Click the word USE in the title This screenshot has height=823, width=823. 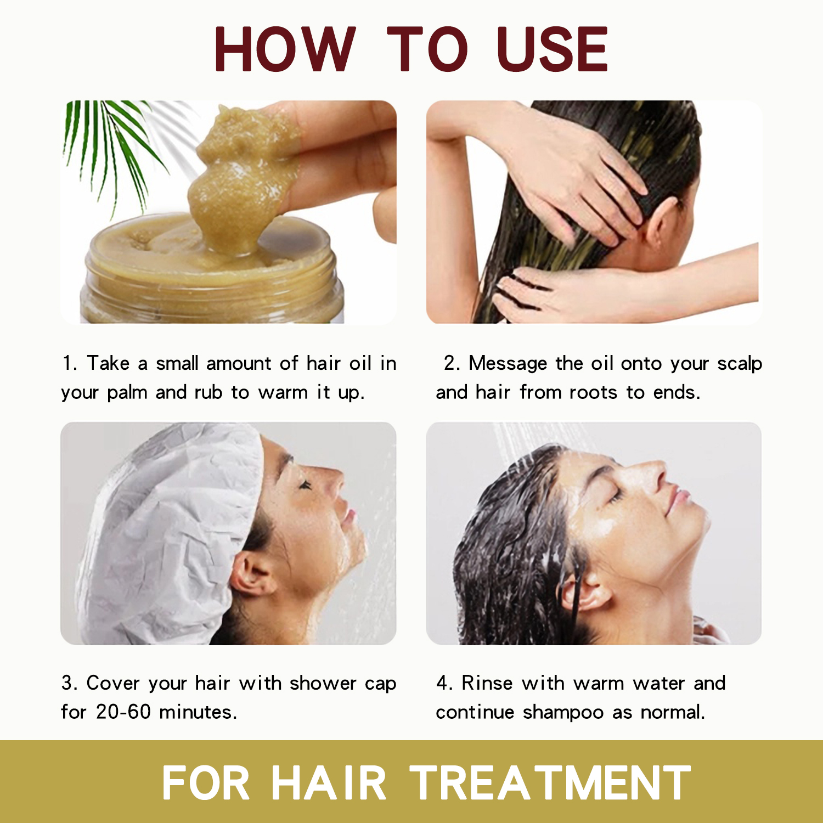[553, 49]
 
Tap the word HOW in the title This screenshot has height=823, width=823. [284, 49]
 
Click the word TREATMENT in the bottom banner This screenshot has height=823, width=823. [550, 783]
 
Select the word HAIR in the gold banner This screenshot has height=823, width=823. [329, 783]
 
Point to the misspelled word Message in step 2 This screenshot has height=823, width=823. [508, 363]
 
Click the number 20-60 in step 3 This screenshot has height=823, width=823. [123, 712]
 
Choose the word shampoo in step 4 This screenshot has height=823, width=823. [563, 713]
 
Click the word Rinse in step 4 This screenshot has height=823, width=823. [487, 683]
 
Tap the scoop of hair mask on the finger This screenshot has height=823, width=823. [241, 176]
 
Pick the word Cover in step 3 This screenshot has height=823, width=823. [112, 683]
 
